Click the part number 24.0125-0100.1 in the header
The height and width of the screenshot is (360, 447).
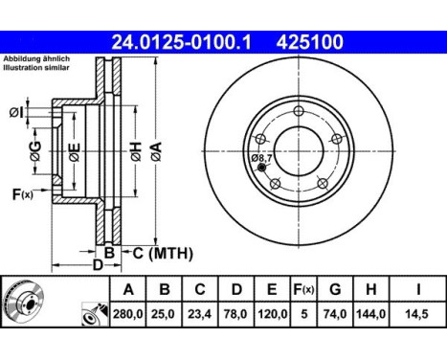point(181,42)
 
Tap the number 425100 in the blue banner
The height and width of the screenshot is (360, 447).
point(310,42)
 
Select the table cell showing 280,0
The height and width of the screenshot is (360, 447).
point(128,314)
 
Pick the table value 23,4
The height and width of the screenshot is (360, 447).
point(200,314)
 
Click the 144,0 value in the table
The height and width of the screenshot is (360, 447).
point(370,314)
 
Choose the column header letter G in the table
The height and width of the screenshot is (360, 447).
point(335,289)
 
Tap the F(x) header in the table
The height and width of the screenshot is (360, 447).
point(303,289)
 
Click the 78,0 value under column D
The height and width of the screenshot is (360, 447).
point(236,314)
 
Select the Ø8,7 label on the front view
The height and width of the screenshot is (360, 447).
point(261,158)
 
